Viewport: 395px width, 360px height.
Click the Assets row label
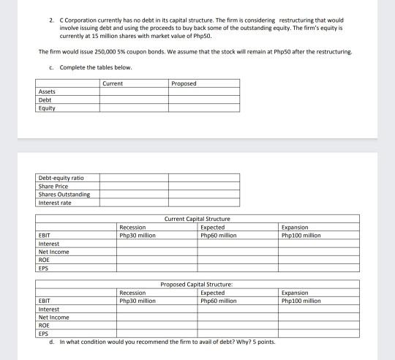[x=47, y=91]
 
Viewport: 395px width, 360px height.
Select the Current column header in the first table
[x=113, y=83]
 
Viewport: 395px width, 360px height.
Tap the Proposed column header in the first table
[x=183, y=83]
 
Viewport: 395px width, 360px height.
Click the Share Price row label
[x=52, y=186]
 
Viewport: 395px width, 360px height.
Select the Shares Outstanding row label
[x=64, y=194]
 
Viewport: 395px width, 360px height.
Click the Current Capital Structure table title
[x=197, y=219]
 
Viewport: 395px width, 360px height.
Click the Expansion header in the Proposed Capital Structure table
[x=295, y=293]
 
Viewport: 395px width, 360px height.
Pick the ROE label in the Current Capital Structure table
[x=44, y=260]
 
